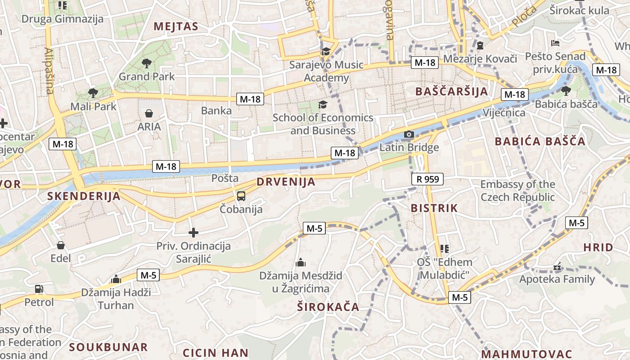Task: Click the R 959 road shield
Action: pyautogui.click(x=427, y=180)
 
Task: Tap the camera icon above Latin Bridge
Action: pyautogui.click(x=409, y=134)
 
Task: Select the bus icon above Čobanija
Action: pyautogui.click(x=241, y=196)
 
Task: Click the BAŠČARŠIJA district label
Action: pyautogui.click(x=451, y=91)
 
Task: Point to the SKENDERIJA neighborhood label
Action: pyautogui.click(x=84, y=196)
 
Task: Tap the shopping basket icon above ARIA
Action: pyautogui.click(x=149, y=113)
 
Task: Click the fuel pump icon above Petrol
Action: pyautogui.click(x=39, y=289)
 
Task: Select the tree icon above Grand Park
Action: pyautogui.click(x=146, y=63)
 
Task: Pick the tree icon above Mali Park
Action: pyautogui.click(x=93, y=93)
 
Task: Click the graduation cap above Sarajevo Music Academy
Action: pyautogui.click(x=326, y=51)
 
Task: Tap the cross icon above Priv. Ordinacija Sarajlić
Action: pyautogui.click(x=193, y=233)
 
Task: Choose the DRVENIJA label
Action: pyautogui.click(x=286, y=182)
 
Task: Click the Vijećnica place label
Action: pyautogui.click(x=504, y=112)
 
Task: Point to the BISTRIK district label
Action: pyautogui.click(x=434, y=208)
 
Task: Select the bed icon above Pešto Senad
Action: pyautogui.click(x=556, y=43)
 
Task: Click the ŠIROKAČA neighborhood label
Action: pyautogui.click(x=328, y=307)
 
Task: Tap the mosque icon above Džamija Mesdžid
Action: pyautogui.click(x=301, y=262)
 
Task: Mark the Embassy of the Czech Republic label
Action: pyautogui.click(x=517, y=191)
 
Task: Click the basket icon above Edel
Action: pyautogui.click(x=61, y=245)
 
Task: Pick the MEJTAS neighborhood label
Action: pyautogui.click(x=176, y=26)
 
